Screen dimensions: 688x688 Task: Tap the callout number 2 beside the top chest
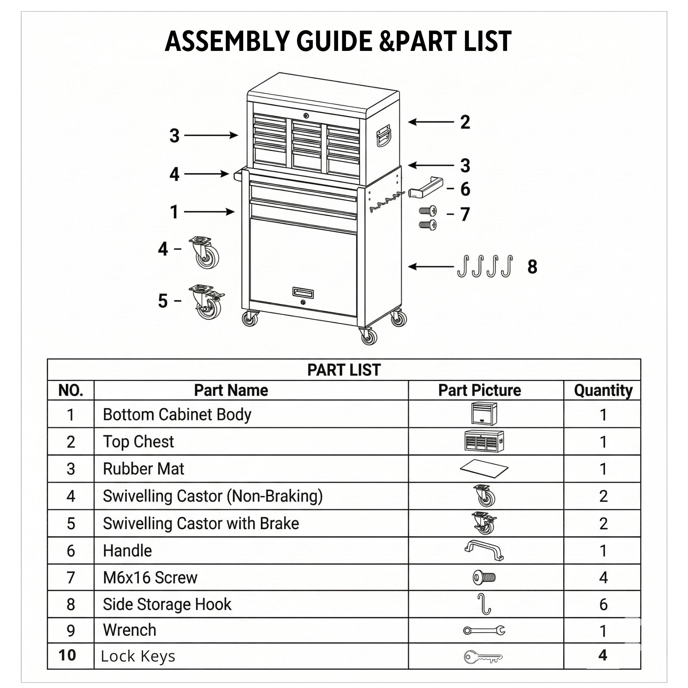465,122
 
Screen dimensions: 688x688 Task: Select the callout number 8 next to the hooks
532,267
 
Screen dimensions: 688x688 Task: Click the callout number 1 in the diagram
174,212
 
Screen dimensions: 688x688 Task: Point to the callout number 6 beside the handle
465,189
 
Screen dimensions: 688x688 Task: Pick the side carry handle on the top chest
383,135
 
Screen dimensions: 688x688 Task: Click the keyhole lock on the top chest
306,115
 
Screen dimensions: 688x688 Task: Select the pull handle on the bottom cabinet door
303,292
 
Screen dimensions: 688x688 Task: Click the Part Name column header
231,390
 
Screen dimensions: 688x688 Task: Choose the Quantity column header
603,390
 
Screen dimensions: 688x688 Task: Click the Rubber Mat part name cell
143,469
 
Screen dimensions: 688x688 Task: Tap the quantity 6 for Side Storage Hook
603,605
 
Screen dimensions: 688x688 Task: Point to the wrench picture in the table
484,631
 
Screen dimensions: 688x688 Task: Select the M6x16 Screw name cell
150,578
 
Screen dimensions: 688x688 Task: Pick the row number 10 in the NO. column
67,656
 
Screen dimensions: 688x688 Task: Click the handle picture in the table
484,550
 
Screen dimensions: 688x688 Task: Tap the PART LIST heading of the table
344,370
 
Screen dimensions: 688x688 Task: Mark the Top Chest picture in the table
484,442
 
